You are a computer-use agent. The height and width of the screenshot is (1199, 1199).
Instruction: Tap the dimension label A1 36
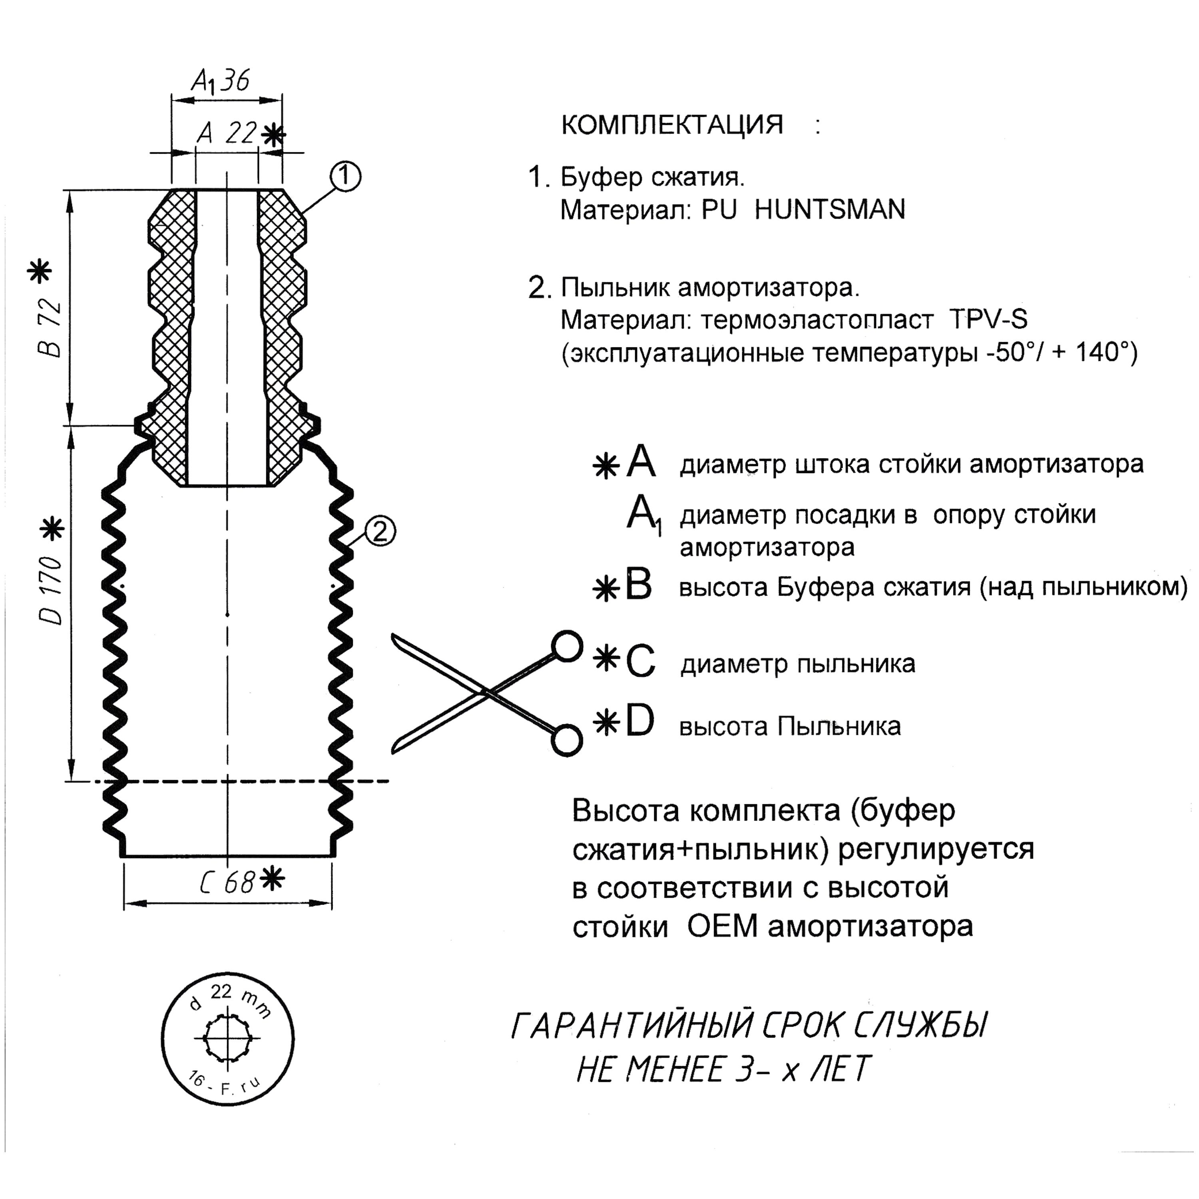tap(220, 81)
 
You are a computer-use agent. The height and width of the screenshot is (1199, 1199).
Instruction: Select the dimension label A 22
tap(227, 133)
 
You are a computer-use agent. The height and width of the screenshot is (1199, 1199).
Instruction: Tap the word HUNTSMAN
tap(830, 210)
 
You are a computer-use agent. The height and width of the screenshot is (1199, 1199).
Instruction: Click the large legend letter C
tap(640, 661)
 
